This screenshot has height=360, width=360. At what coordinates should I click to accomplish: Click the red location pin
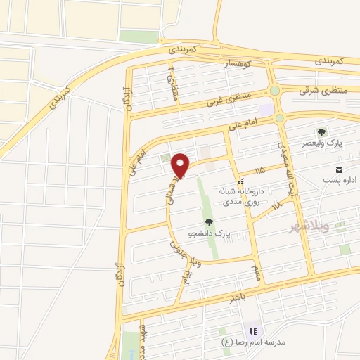point(181,165)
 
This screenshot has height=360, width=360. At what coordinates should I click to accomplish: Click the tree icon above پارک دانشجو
point(209,221)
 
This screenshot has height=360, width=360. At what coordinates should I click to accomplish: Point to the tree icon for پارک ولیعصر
point(323,131)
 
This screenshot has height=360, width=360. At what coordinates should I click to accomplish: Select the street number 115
point(260,170)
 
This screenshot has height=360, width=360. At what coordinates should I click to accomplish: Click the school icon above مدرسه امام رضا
point(252,330)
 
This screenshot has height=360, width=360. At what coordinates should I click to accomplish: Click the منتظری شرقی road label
point(323,91)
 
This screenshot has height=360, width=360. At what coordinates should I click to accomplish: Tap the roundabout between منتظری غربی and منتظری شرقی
point(274,91)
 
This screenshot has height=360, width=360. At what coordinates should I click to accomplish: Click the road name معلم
point(257,271)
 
